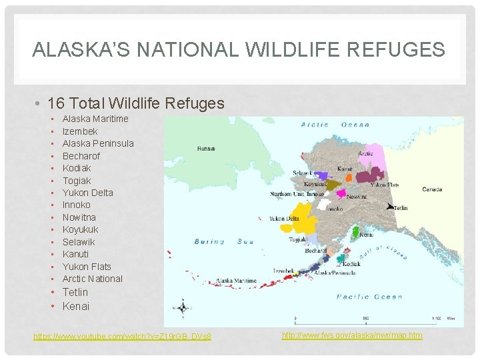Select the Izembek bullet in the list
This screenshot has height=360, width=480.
pos(80,131)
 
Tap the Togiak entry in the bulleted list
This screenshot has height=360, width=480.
pos(77,181)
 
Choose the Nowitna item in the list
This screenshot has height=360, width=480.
pos(79,217)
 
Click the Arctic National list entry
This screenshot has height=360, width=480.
pos(93,279)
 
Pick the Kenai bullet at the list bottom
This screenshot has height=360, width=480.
pos(75,307)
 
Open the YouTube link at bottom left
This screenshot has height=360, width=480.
pos(122,337)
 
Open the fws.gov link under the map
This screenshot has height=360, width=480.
pos(351,335)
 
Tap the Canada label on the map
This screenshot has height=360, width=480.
pos(432,189)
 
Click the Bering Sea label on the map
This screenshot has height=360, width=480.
pos(224,242)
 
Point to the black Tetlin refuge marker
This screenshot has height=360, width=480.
pos(389,206)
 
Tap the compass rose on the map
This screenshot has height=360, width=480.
pos(181,308)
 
